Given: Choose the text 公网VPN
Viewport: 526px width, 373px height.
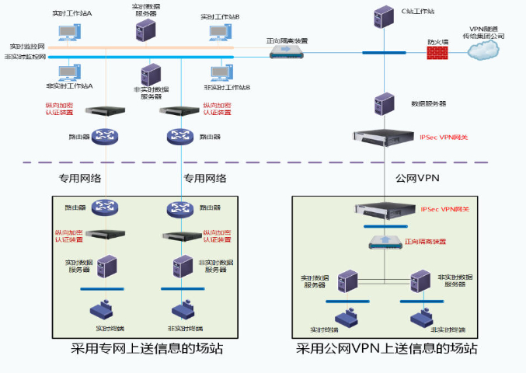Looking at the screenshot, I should tap(417, 178).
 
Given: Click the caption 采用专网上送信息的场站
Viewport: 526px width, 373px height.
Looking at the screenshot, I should tap(147, 348).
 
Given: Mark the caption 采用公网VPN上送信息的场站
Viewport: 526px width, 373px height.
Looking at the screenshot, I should tap(386, 348).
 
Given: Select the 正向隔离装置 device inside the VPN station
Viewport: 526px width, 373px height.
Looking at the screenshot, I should tap(385, 241).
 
